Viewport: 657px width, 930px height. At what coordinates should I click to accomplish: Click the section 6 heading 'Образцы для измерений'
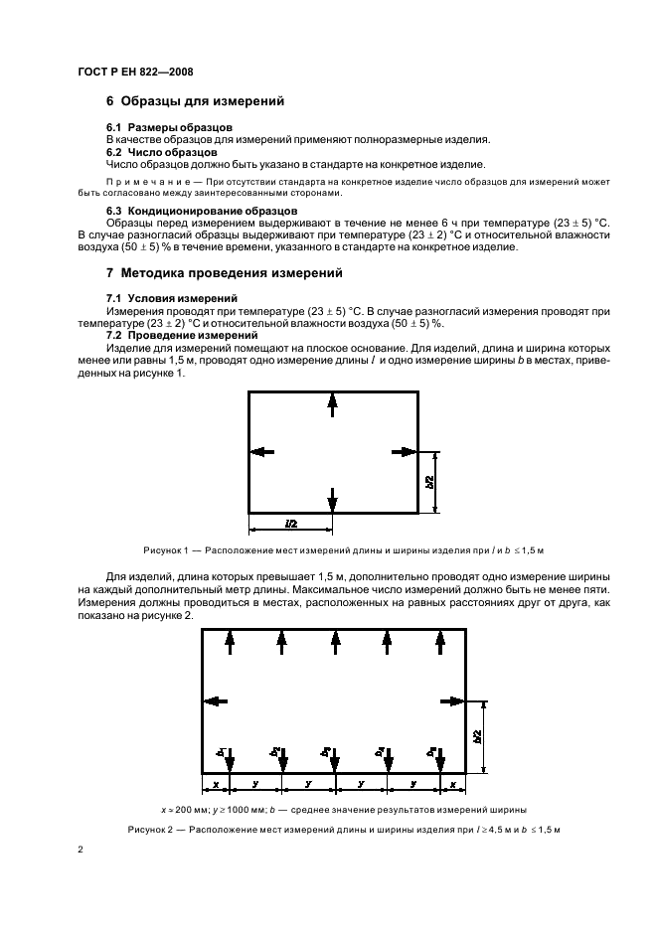point(196,101)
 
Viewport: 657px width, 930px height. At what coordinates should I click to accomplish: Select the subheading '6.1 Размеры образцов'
point(169,128)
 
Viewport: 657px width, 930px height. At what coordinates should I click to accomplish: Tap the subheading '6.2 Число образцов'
point(162,152)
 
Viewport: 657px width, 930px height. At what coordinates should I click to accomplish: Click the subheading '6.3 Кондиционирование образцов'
point(201,211)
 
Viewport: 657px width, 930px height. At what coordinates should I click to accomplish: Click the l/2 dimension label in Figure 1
point(290,522)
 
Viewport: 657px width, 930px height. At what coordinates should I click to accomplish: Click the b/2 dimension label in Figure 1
point(430,482)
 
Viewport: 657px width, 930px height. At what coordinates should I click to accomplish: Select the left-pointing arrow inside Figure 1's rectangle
point(261,452)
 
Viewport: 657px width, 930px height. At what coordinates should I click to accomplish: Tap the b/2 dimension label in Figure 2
point(479,736)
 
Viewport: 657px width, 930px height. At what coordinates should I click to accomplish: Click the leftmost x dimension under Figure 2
point(216,785)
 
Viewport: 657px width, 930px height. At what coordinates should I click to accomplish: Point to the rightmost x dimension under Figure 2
point(452,785)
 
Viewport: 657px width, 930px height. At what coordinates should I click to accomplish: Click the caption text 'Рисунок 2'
point(150,829)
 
